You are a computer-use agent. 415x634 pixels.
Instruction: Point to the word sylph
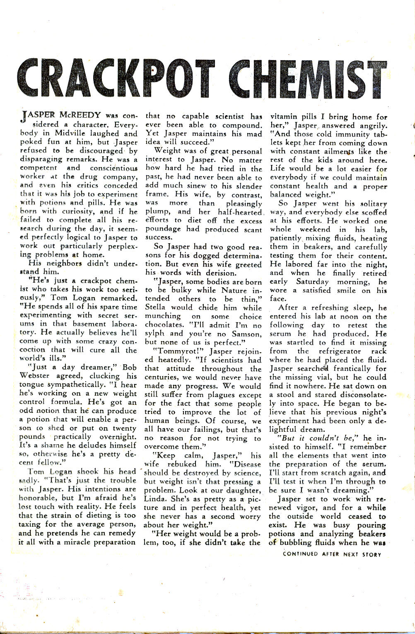coord(156,334)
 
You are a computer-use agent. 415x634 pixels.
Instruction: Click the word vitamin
coord(285,117)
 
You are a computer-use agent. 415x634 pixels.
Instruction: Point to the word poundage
coord(163,229)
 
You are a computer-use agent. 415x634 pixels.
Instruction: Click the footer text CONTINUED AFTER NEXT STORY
coord(331,554)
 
